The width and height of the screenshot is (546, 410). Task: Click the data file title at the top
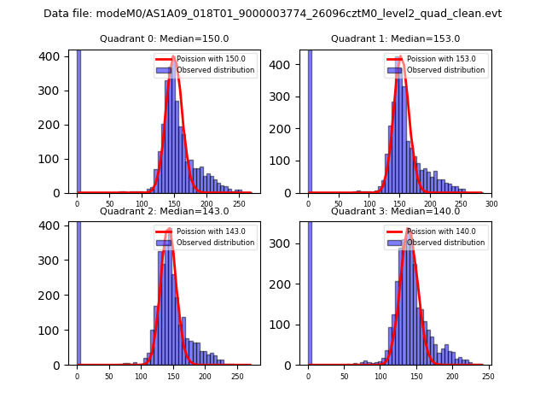click(x=272, y=14)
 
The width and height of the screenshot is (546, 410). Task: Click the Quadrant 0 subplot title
click(x=164, y=38)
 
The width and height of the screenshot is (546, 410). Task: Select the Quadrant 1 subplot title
click(x=395, y=38)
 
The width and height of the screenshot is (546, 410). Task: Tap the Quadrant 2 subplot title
click(x=164, y=211)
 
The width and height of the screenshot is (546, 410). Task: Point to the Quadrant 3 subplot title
click(x=395, y=211)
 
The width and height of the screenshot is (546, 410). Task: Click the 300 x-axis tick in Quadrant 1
click(x=491, y=204)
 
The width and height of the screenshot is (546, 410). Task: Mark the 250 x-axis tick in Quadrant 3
click(x=487, y=376)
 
